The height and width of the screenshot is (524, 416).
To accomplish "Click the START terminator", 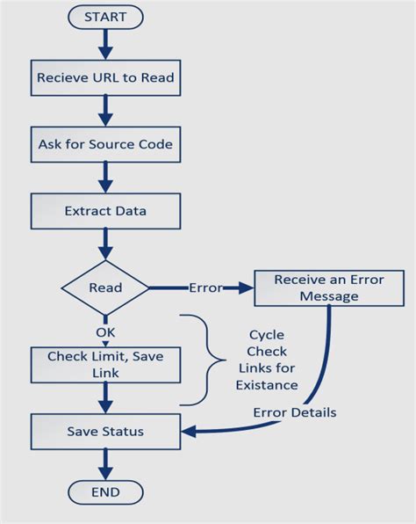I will point(104,17).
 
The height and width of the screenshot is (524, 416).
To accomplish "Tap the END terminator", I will point(104,491).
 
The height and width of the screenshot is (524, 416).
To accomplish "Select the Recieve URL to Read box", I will point(105,78).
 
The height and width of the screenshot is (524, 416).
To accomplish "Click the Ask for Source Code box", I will point(105,144).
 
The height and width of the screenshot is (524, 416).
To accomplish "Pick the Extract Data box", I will point(105,211).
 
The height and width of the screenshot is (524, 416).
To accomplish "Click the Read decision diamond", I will point(105,287).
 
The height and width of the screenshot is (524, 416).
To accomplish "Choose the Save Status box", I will point(105,432).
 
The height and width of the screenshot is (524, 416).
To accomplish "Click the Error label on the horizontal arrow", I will point(204,287).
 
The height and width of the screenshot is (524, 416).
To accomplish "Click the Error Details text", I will point(294,412).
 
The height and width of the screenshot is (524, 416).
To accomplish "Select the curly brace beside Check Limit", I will point(211,360).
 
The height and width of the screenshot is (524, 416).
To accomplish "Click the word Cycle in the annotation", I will point(267,335).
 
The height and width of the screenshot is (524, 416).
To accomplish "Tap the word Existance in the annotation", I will point(268,385).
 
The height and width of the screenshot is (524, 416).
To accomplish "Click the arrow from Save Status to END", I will point(105,462).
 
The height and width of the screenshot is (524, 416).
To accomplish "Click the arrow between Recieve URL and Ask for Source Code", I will point(105,110).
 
